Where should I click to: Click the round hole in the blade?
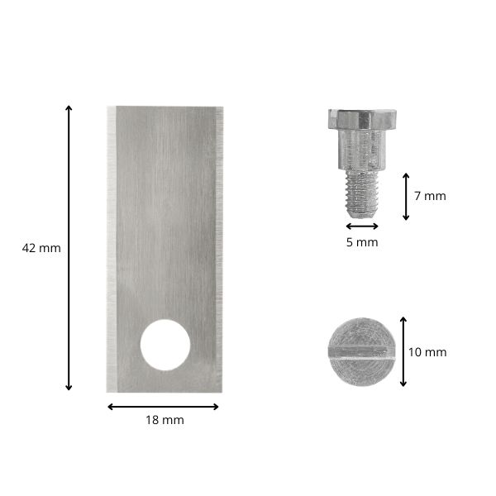(x=165, y=345)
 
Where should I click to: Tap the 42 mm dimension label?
(x=41, y=248)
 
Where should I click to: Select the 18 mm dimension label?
(x=165, y=420)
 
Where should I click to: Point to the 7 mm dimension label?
(x=430, y=196)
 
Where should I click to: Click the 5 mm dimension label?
(x=362, y=242)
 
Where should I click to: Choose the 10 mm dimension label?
(x=427, y=352)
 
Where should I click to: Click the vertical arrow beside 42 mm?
(x=69, y=248)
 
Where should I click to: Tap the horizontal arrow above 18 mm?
(x=163, y=407)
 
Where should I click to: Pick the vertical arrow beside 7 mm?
(x=406, y=197)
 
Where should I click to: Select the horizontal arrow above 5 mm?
(x=362, y=227)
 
